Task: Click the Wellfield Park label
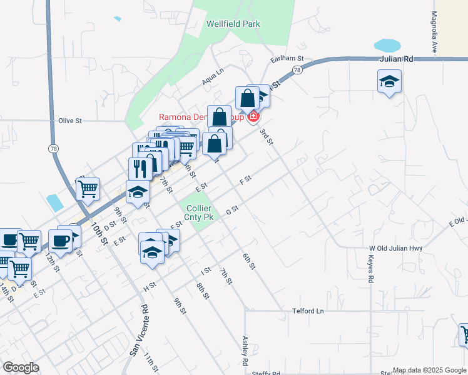[233, 24]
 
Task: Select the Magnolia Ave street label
[434, 32]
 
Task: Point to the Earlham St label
[287, 58]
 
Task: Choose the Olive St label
[70, 120]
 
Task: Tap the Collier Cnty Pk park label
[198, 213]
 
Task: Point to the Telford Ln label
[309, 311]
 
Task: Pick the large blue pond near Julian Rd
[387, 46]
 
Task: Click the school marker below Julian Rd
[389, 81]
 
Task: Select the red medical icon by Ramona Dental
[253, 116]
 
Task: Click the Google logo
[21, 367]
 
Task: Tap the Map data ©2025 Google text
[429, 370]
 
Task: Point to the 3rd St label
[267, 136]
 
